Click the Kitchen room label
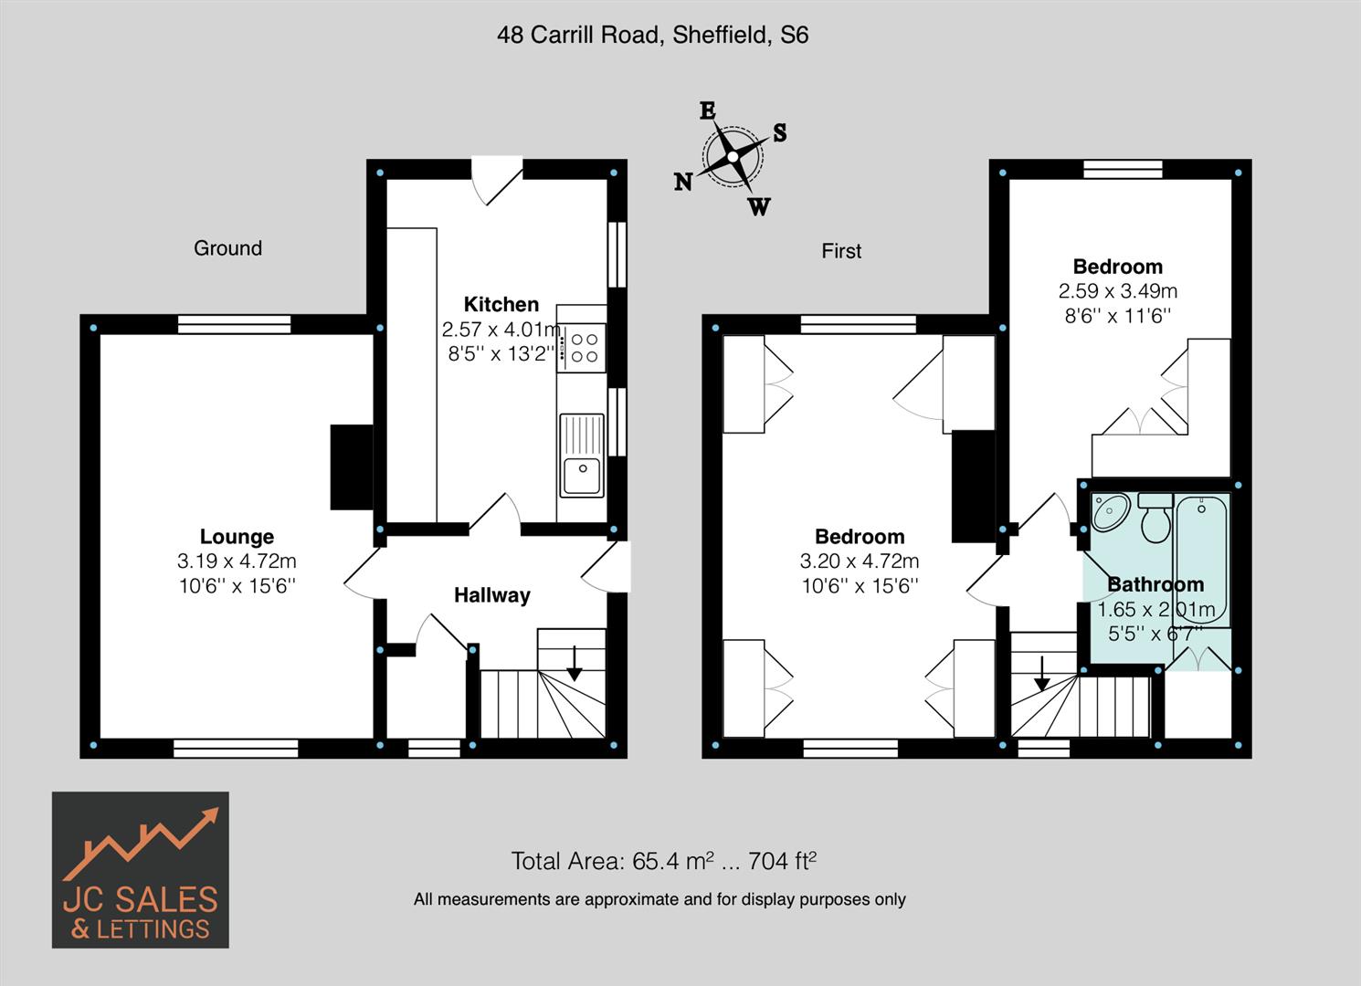coord(501,304)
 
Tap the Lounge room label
coord(237,537)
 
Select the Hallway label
coord(491,595)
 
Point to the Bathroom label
coord(1155,584)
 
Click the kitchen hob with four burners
coord(584,348)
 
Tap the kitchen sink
coord(581,456)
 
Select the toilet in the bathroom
coord(1156,519)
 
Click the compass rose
coord(733,157)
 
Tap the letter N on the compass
coord(682,183)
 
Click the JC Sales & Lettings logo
coord(140,869)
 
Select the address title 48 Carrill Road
coord(652,35)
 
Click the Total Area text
coord(662,861)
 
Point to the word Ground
coord(227,248)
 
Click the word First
coord(840,251)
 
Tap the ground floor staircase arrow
coord(575,663)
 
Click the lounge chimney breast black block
coord(351,467)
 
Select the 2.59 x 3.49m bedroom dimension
coord(1117,291)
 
